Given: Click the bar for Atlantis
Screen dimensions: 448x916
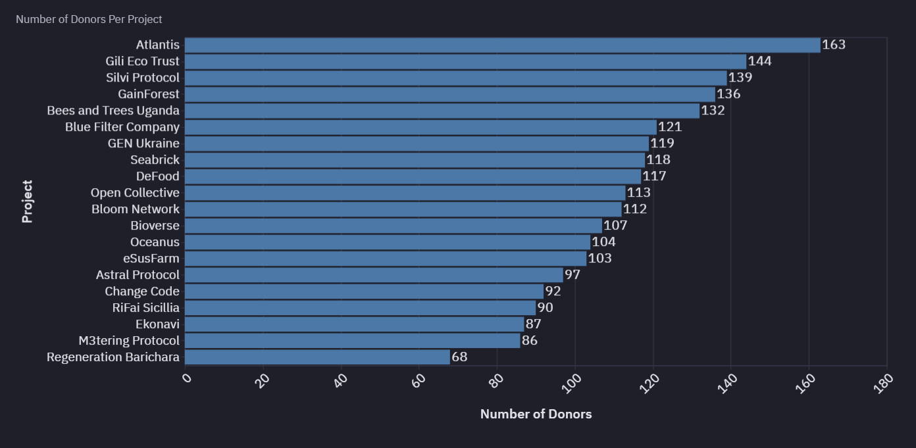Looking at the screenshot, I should [502, 45].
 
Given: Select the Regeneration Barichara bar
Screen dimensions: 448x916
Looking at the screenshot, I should [317, 357].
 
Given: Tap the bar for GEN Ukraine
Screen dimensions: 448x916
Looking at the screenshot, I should [417, 143].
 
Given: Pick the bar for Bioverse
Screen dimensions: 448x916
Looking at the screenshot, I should [393, 226].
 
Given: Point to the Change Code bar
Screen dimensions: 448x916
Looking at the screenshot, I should [364, 291].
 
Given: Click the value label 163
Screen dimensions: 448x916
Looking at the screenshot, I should [834, 45].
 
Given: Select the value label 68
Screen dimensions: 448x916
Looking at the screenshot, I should [459, 357].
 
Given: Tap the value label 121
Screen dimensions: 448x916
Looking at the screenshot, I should [670, 127].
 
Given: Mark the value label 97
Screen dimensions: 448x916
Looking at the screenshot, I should [572, 275].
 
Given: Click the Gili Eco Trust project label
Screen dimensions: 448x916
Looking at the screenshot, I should [142, 61].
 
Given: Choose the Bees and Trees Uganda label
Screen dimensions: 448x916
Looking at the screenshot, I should [113, 111].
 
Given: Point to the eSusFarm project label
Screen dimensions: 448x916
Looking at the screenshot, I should [151, 259].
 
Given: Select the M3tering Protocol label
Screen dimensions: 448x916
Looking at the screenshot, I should [129, 341].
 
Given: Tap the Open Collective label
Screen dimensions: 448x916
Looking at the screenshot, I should [135, 193].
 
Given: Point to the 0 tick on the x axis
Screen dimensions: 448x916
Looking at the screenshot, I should [187, 378].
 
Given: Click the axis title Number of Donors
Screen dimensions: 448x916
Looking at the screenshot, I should [536, 414].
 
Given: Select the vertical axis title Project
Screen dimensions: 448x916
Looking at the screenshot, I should [28, 201].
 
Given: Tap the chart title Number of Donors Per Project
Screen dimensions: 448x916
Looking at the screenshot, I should [89, 20].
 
